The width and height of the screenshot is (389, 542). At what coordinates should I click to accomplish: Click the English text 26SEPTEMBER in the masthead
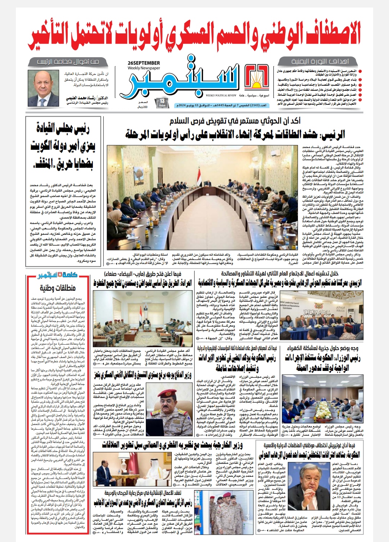(143, 63)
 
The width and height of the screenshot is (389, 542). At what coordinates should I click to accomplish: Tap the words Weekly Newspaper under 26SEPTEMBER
(143, 68)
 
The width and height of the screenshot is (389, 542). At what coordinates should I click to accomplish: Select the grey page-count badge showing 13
(162, 103)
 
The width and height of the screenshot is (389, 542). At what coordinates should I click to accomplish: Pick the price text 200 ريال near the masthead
(143, 107)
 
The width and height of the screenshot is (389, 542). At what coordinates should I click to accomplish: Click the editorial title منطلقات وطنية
(58, 288)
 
